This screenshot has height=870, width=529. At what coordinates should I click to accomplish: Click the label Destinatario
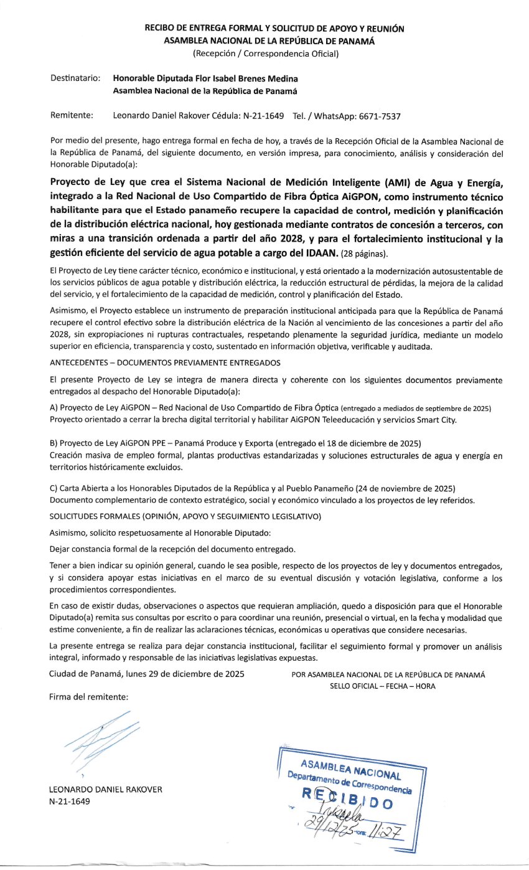pyautogui.click(x=75, y=79)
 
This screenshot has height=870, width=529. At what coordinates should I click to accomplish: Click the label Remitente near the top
pyautogui.click(x=72, y=116)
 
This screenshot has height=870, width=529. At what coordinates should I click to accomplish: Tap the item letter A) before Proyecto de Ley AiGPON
pyautogui.click(x=53, y=408)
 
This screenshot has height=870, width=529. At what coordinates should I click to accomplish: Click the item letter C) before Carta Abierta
pyautogui.click(x=53, y=486)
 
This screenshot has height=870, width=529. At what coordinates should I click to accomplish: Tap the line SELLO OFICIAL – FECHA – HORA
pyautogui.click(x=383, y=686)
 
